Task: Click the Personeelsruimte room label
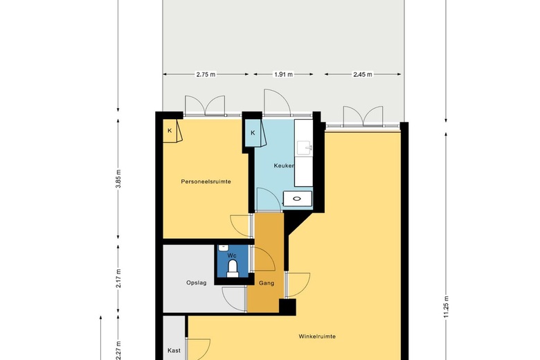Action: click(206, 181)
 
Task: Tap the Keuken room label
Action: click(284, 165)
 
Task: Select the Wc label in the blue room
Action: click(232, 255)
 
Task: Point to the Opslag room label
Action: click(197, 283)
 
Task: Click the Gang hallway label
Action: click(267, 283)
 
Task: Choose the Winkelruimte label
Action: click(317, 336)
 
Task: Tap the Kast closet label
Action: click(174, 351)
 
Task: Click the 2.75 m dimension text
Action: click(206, 74)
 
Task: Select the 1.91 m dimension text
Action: click(283, 74)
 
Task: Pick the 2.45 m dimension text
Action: click(363, 74)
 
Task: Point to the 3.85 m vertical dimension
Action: click(118, 179)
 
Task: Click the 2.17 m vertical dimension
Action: click(118, 278)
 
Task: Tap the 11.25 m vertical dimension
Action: click(447, 307)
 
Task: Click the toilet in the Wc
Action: click(233, 269)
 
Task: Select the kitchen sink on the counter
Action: click(305, 148)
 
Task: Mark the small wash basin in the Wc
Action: click(224, 247)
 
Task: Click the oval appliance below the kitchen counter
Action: click(297, 199)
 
